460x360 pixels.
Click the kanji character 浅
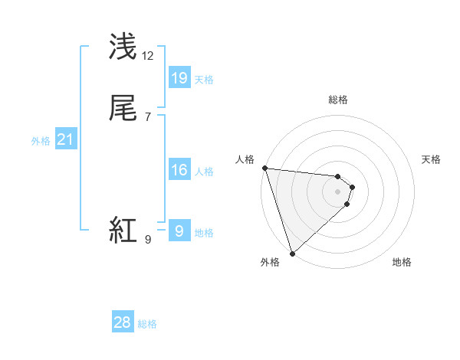(124, 47)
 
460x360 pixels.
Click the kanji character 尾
(124, 109)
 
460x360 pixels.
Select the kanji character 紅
(124, 230)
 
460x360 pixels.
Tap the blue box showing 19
(179, 77)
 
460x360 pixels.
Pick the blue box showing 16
(179, 170)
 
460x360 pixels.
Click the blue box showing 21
(66, 139)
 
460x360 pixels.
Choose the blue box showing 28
(123, 322)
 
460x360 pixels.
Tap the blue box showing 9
(179, 231)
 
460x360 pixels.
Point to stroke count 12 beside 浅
(148, 56)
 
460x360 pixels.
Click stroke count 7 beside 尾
(148, 117)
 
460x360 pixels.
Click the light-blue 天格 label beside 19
(204, 80)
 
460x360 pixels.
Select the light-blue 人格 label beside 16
(204, 172)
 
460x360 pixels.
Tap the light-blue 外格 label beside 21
(41, 141)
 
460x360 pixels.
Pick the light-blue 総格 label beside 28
(147, 324)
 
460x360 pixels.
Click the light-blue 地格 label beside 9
(204, 233)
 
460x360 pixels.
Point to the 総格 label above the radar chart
(338, 100)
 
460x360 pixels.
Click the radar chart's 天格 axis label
(432, 159)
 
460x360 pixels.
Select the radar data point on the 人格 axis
(264, 168)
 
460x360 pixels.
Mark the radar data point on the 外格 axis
(291, 253)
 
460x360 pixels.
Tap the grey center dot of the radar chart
(338, 191)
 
